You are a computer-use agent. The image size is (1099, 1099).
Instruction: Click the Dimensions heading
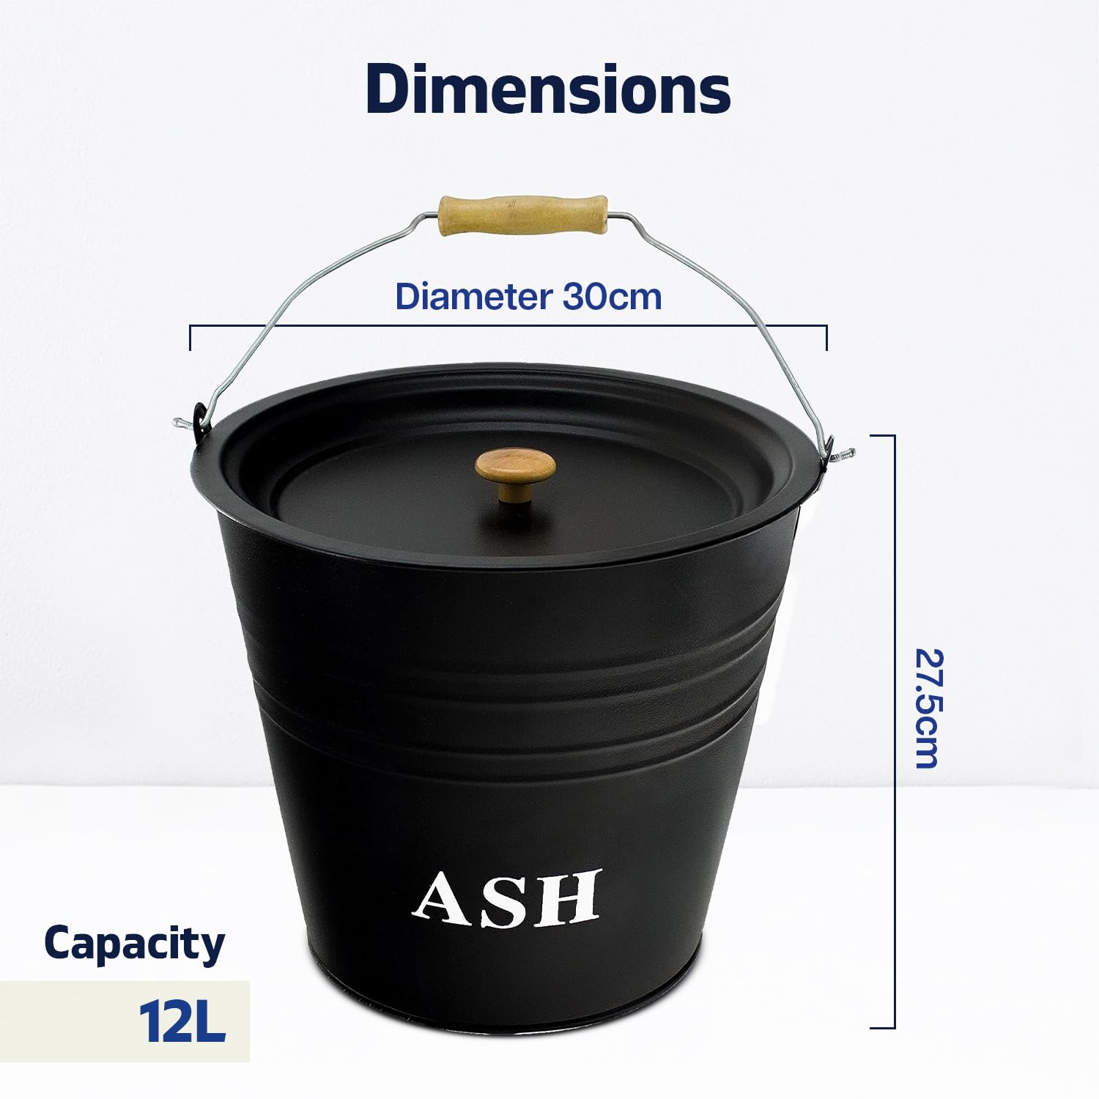(x=548, y=89)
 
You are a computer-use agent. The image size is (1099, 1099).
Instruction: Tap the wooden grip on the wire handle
(x=523, y=214)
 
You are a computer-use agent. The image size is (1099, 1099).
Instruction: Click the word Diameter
(x=473, y=296)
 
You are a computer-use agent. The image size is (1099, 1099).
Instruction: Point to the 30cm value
(x=613, y=296)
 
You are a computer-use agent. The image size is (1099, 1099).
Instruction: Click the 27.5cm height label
(x=926, y=708)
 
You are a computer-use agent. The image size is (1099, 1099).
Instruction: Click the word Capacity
(x=134, y=944)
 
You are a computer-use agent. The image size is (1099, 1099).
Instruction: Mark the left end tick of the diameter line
(x=190, y=338)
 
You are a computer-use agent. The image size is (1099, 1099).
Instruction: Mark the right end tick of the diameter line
(x=826, y=338)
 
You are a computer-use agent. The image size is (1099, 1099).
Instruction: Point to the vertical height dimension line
(x=894, y=731)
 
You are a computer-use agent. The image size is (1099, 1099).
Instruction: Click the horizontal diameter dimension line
(x=508, y=326)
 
